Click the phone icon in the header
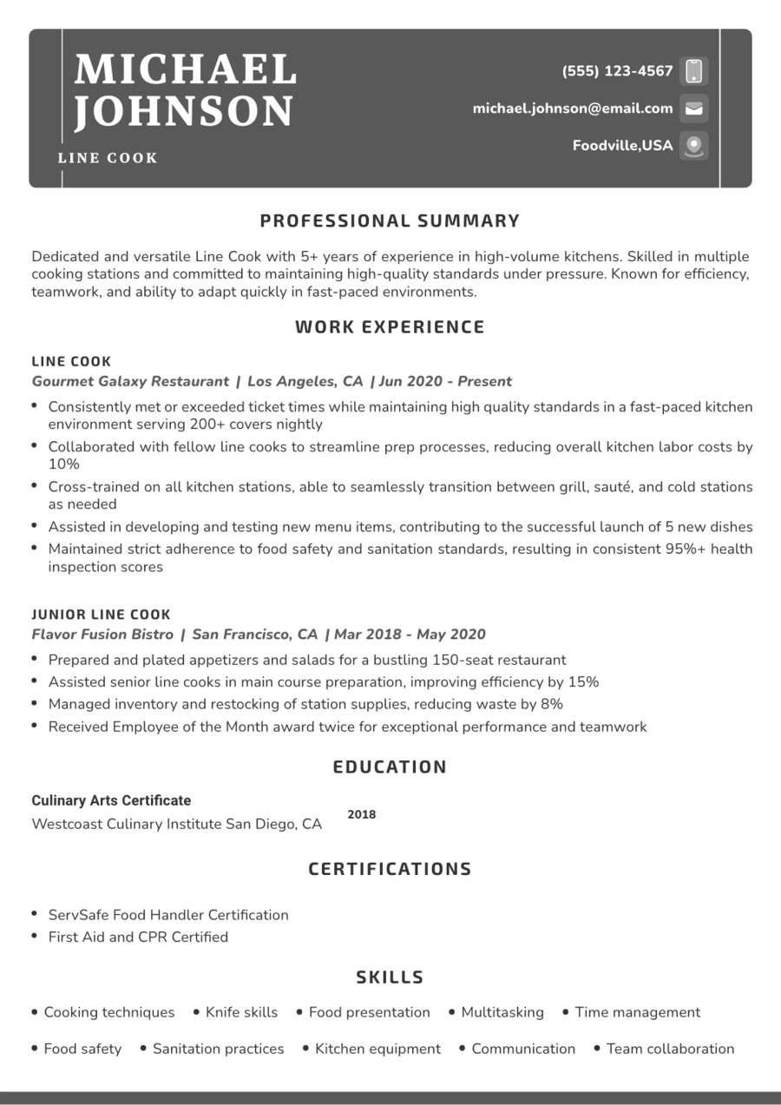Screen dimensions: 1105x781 pyautogui.click(x=693, y=70)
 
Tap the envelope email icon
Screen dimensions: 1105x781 pyautogui.click(x=693, y=109)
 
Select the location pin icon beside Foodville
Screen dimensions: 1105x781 pyautogui.click(x=693, y=145)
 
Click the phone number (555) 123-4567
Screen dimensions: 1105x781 pyautogui.click(x=617, y=71)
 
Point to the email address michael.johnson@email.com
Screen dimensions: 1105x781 pyautogui.click(x=573, y=109)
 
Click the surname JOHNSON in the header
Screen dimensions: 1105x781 pyautogui.click(x=184, y=111)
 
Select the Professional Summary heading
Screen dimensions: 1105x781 pyautogui.click(x=390, y=220)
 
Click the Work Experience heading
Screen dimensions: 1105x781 pyautogui.click(x=390, y=327)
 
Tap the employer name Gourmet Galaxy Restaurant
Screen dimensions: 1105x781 pyautogui.click(x=130, y=381)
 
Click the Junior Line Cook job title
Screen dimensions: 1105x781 pyautogui.click(x=102, y=615)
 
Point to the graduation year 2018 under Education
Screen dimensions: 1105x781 pyautogui.click(x=362, y=814)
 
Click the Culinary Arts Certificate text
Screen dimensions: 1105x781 pyautogui.click(x=111, y=800)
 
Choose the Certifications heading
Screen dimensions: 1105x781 pyautogui.click(x=390, y=869)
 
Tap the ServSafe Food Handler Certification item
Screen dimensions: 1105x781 pyautogui.click(x=168, y=915)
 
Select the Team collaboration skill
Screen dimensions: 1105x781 pyautogui.click(x=670, y=1049)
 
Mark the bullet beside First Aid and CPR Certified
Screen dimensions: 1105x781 pyautogui.click(x=34, y=936)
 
